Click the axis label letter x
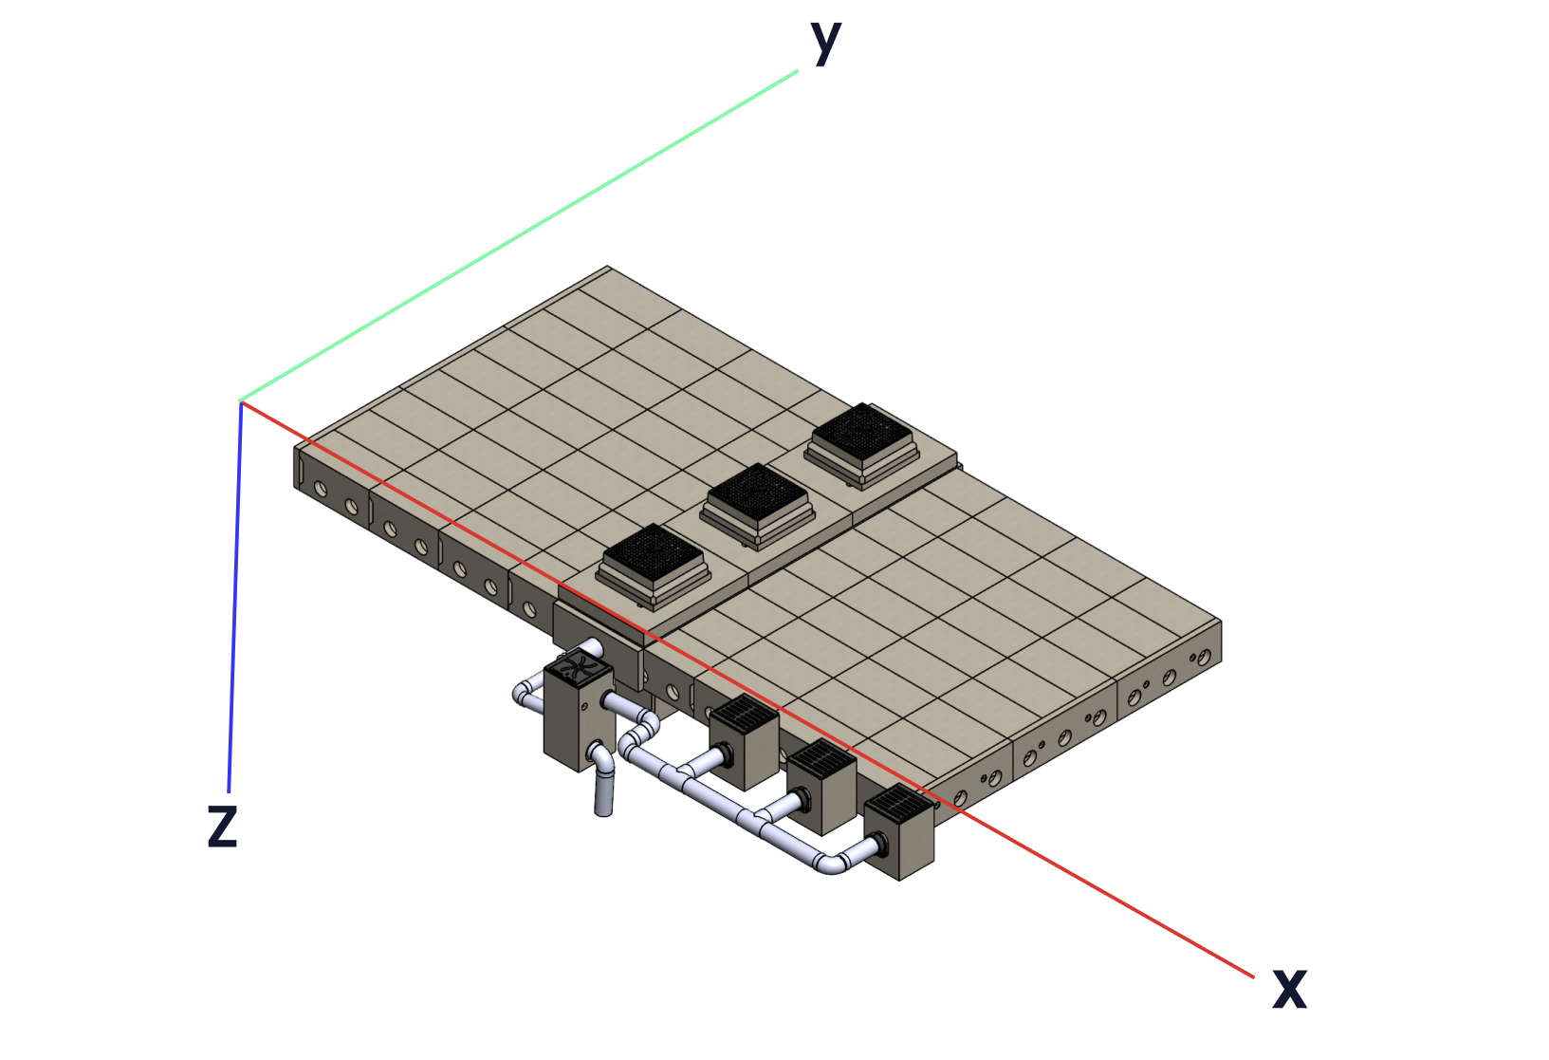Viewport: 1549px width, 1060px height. (x=1290, y=989)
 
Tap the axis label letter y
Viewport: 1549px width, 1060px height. (x=825, y=43)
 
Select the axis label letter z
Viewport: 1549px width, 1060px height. (x=223, y=827)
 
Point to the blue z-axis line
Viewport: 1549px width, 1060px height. (x=234, y=597)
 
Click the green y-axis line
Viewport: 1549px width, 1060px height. (x=519, y=235)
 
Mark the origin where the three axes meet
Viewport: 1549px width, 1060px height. (x=241, y=401)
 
